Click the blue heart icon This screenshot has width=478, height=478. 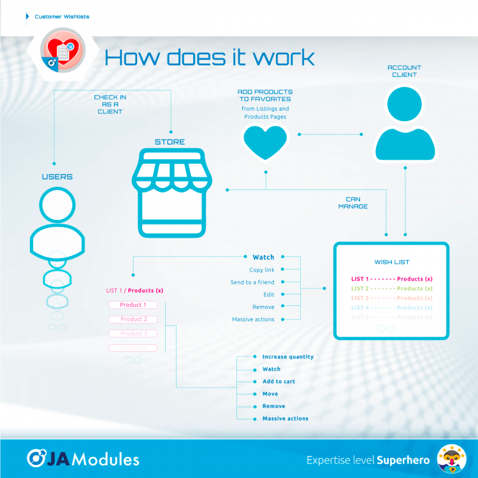[265, 141]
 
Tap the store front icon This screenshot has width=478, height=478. [170, 193]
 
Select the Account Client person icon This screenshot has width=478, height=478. [405, 124]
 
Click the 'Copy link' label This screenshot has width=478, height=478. [262, 270]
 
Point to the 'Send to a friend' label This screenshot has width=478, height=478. [252, 282]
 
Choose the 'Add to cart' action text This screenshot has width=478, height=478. [279, 381]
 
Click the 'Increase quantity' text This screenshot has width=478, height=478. [287, 357]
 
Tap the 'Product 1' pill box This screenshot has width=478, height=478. [133, 305]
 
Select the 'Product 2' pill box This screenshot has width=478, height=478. [133, 319]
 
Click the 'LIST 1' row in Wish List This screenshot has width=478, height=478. [391, 279]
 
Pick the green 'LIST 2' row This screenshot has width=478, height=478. [391, 289]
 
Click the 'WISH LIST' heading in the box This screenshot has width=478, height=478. [391, 262]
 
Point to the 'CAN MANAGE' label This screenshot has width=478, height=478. [353, 203]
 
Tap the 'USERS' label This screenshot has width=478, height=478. [57, 177]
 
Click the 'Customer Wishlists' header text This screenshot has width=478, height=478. [62, 17]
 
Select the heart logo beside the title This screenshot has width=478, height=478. [62, 54]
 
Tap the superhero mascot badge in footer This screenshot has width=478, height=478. [451, 458]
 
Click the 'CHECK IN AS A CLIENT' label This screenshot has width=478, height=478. [110, 104]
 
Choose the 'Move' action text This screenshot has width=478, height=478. [270, 394]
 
